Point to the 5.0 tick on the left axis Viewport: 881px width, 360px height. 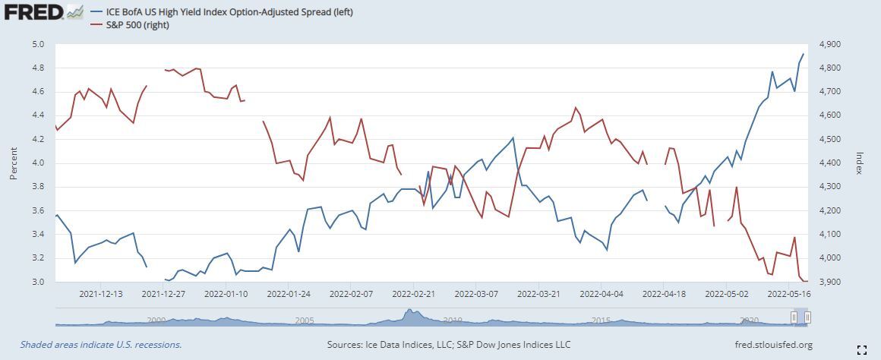(39, 44)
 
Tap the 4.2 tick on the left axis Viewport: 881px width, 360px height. (39, 139)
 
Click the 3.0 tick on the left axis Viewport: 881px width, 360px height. (39, 282)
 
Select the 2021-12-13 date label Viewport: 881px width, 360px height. (101, 293)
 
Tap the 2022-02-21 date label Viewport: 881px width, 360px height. (414, 293)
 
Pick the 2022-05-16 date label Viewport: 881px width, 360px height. (789, 293)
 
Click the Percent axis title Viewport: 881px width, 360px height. (13, 163)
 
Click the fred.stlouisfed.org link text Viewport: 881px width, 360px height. (775, 345)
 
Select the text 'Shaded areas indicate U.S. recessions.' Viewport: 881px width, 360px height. (101, 345)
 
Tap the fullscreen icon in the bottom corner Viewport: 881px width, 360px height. (861, 349)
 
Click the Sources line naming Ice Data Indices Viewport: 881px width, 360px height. (448, 345)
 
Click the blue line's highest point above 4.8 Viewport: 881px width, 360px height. (804, 54)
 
